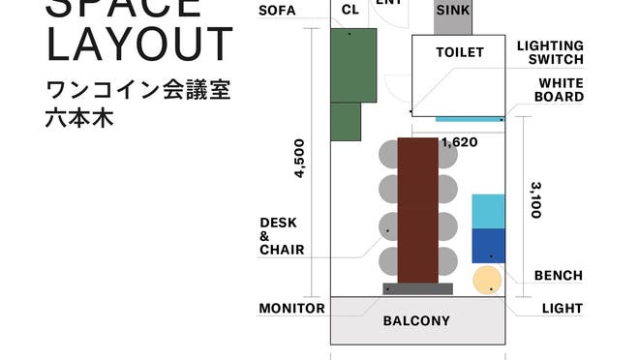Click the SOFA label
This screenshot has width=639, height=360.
tap(278, 12)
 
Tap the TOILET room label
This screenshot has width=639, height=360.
tap(459, 51)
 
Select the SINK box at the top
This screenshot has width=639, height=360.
tap(453, 12)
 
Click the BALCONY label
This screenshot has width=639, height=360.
tap(416, 320)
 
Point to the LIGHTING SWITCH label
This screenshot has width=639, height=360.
tap(550, 52)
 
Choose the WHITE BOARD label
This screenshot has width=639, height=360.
tap(561, 90)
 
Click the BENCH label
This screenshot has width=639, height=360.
tap(559, 276)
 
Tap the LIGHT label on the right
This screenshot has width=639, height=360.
tap(563, 309)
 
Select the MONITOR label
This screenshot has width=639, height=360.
tap(291, 309)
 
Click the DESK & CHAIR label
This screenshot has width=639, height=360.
tap(281, 236)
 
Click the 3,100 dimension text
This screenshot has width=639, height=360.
tap(534, 198)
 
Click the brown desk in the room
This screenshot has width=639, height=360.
tap(417, 209)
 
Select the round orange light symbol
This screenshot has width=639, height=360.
tap(487, 281)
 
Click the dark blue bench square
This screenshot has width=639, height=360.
tap(488, 246)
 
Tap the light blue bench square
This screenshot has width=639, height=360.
tap(488, 211)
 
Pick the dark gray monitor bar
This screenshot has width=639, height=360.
tap(417, 288)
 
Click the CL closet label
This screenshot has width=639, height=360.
tap(350, 12)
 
